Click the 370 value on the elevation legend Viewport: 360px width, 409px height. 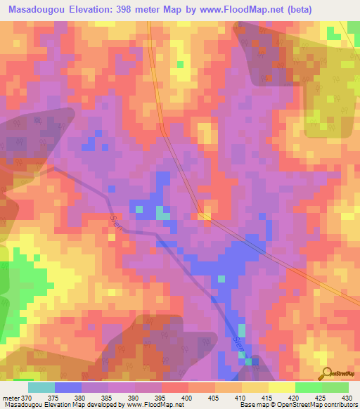26,397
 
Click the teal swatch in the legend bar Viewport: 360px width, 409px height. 41,387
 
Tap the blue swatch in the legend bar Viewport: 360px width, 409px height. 68,387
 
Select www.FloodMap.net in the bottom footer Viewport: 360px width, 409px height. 154,405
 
